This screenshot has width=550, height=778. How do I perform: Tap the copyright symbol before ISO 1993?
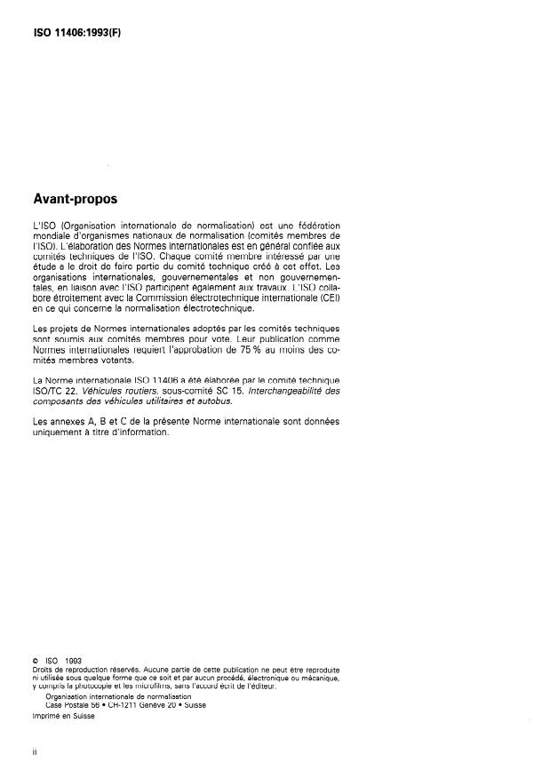coord(34,659)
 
